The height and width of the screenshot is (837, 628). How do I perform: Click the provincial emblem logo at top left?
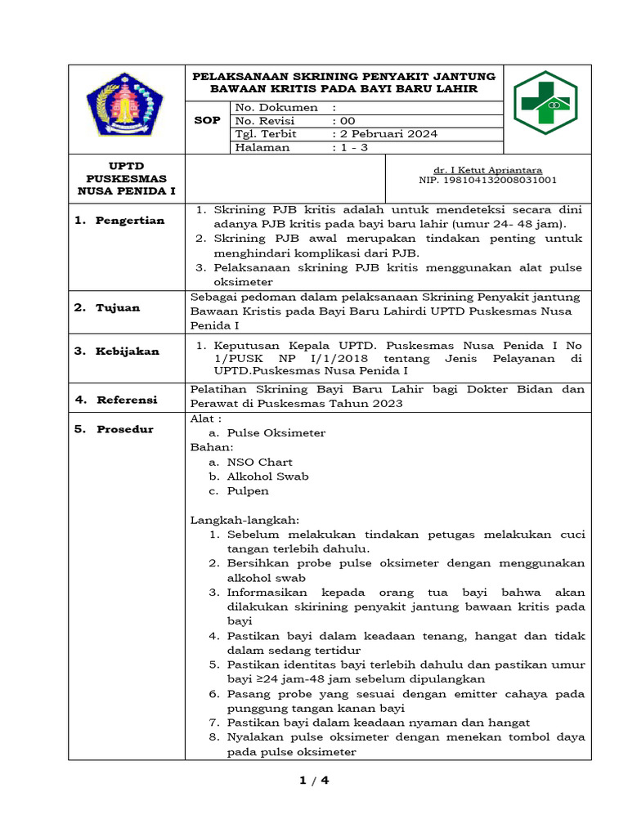click(x=125, y=105)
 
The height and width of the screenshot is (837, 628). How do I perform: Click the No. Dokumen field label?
click(x=276, y=107)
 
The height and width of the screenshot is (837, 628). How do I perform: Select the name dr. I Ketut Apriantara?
click(x=487, y=170)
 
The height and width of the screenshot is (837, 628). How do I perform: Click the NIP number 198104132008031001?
click(x=487, y=180)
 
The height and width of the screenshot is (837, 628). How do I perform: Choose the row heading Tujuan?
click(x=118, y=307)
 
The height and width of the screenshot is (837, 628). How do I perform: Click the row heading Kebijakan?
click(x=128, y=351)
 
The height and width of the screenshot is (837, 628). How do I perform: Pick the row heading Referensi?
click(x=126, y=400)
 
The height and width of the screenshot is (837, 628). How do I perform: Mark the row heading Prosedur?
click(x=124, y=429)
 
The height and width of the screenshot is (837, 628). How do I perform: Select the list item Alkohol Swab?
click(x=267, y=477)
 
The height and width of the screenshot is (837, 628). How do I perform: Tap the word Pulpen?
click(x=248, y=491)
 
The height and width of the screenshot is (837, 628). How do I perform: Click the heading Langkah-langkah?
click(x=244, y=520)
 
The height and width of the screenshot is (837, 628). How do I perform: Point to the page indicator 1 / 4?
click(x=314, y=781)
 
